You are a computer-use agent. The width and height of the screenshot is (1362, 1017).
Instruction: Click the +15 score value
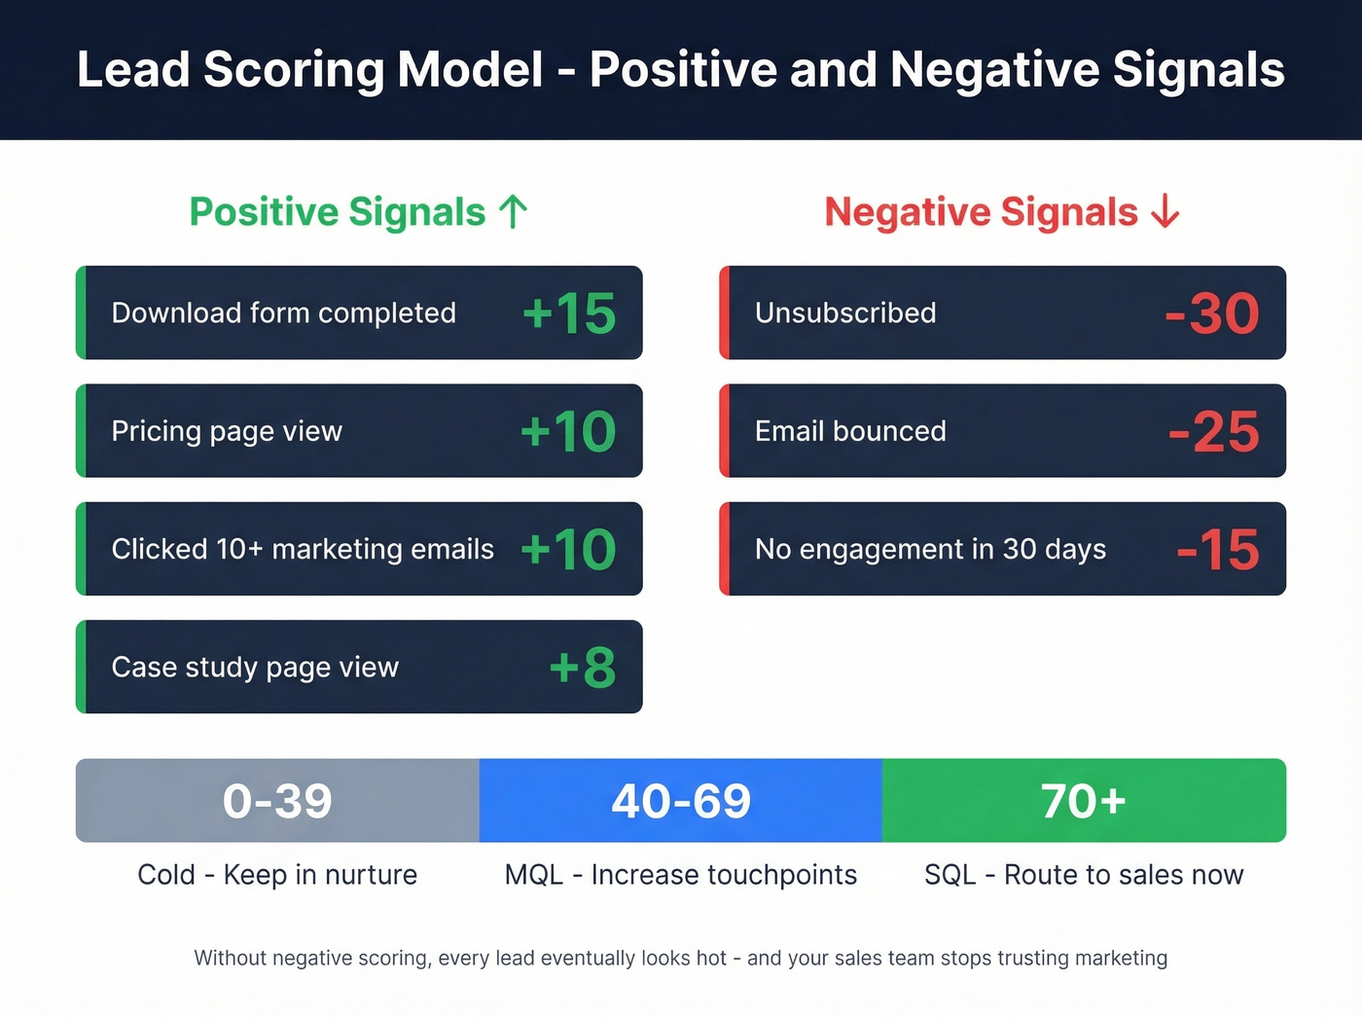pyautogui.click(x=569, y=313)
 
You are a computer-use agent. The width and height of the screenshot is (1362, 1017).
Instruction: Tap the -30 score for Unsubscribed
pyautogui.click(x=1212, y=313)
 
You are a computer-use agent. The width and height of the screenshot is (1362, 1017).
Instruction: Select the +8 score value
pyautogui.click(x=582, y=668)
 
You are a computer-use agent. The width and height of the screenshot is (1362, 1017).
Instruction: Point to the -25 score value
pyautogui.click(x=1214, y=431)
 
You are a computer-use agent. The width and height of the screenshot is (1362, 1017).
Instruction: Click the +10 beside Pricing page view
pyautogui.click(x=568, y=431)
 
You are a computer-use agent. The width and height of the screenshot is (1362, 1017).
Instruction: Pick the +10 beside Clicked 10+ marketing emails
pyautogui.click(x=568, y=549)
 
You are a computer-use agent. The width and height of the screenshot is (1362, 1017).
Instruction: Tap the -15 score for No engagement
pyautogui.click(x=1218, y=549)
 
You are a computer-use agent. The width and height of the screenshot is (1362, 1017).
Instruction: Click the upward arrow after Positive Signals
pyautogui.click(x=513, y=211)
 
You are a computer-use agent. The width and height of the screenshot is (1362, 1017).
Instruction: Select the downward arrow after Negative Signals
pyautogui.click(x=1165, y=211)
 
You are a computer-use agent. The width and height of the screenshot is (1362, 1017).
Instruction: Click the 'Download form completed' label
pyautogui.click(x=283, y=313)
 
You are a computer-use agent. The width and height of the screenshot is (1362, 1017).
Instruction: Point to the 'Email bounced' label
pyautogui.click(x=850, y=431)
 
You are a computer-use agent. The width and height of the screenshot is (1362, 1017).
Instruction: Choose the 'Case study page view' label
pyautogui.click(x=255, y=668)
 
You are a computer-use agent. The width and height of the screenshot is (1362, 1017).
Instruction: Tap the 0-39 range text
pyautogui.click(x=277, y=801)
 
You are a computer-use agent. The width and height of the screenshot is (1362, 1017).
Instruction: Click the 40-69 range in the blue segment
pyautogui.click(x=681, y=801)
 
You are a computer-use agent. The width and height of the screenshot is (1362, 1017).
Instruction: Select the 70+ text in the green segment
pyautogui.click(x=1083, y=801)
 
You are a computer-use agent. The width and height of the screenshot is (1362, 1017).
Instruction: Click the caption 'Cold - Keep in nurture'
pyautogui.click(x=277, y=875)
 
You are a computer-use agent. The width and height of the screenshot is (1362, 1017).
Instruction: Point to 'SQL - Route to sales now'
pyautogui.click(x=1084, y=875)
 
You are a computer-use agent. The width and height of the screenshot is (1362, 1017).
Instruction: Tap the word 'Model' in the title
pyautogui.click(x=470, y=70)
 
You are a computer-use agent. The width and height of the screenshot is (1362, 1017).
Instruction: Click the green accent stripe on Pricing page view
pyautogui.click(x=82, y=431)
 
